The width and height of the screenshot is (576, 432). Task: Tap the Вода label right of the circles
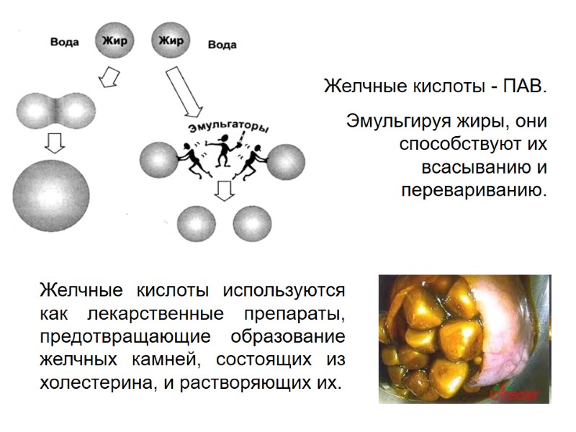[x=222, y=45]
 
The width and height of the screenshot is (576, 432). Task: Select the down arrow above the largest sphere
[x=53, y=143]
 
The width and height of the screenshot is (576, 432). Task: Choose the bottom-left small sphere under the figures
[x=196, y=224]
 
